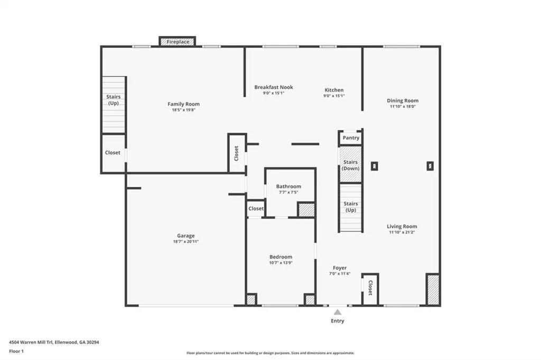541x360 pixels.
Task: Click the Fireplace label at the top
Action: tap(178, 42)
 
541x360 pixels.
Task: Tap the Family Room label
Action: tap(183, 104)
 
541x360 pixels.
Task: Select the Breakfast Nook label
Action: tap(274, 87)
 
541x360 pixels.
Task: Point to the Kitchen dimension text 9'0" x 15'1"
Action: tap(334, 96)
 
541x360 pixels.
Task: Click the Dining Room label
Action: tap(403, 101)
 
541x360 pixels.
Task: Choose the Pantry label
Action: tap(351, 138)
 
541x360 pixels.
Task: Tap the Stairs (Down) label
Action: tap(351, 165)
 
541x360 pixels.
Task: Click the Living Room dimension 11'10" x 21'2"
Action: tap(402, 232)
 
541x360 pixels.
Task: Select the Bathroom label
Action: tap(288, 186)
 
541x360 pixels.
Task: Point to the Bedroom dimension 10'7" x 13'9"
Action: tap(281, 263)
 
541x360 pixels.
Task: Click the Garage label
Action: tap(186, 236)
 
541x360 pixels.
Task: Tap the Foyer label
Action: tap(340, 268)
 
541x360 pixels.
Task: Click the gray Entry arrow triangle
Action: tap(338, 312)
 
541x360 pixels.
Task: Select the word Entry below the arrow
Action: tap(338, 321)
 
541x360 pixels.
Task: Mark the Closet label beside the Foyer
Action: tap(370, 288)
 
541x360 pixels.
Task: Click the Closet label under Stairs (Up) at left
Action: tap(113, 153)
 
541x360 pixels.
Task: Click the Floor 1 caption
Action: tap(16, 352)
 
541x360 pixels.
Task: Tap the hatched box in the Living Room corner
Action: tap(433, 290)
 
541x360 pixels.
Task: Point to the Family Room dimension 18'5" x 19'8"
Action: tap(184, 110)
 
